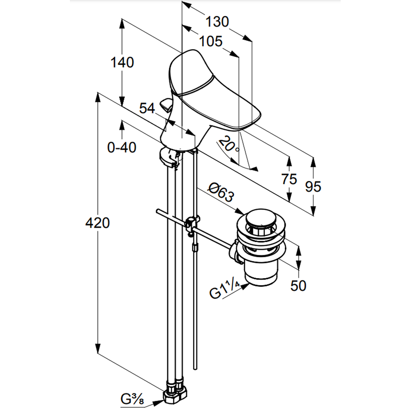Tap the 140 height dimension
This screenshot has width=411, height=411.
122,62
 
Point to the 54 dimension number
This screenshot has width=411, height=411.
147,109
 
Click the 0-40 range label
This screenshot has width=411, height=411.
122,147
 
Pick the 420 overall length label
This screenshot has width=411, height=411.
97,223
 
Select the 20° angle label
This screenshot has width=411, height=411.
229,145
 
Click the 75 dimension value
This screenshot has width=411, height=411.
289,179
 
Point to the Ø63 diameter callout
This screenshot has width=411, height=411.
221,192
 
